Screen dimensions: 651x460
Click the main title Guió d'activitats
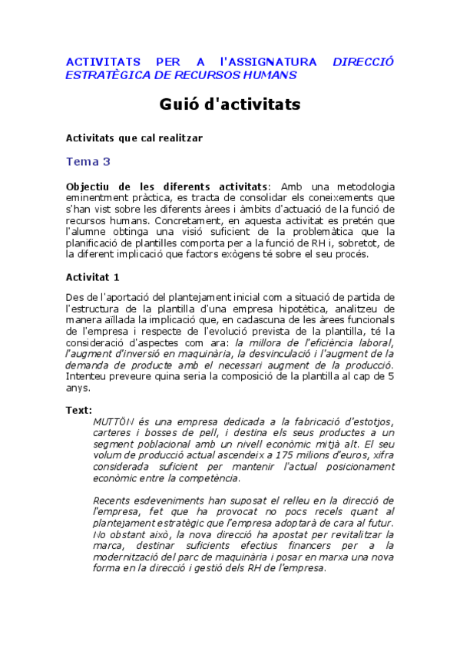coord(230,104)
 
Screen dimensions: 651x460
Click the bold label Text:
coord(79,410)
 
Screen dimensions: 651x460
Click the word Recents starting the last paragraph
coord(113,501)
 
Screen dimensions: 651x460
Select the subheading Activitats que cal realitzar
coord(134,137)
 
